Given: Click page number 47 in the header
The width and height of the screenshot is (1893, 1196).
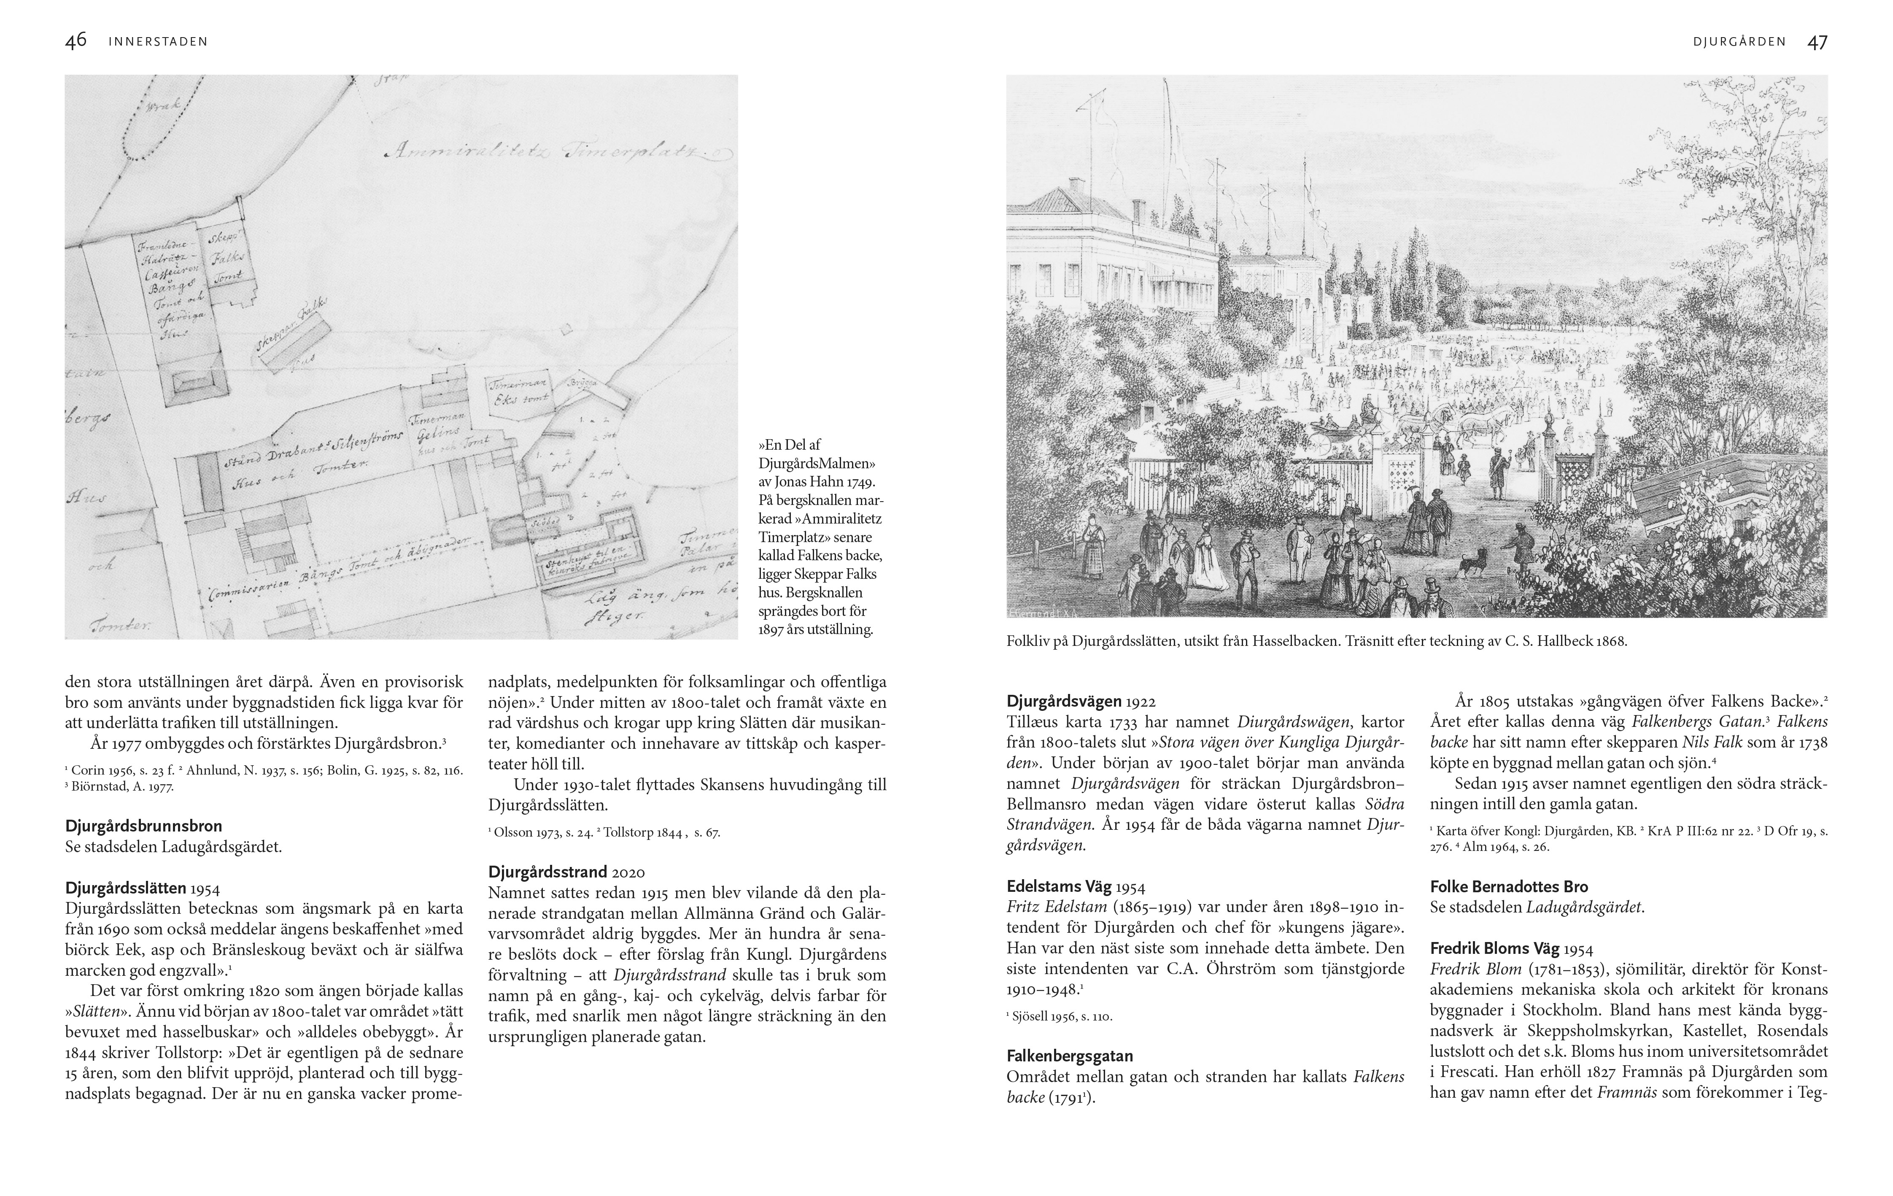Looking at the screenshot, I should pos(1817,42).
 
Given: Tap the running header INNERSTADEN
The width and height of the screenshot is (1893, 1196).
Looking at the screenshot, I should pos(158,42).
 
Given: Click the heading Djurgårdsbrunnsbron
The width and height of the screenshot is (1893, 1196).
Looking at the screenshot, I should pos(144,826).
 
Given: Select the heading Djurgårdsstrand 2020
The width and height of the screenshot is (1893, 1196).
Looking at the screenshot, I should pos(566,872).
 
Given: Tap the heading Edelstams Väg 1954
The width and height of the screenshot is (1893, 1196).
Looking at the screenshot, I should pos(1076,887).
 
